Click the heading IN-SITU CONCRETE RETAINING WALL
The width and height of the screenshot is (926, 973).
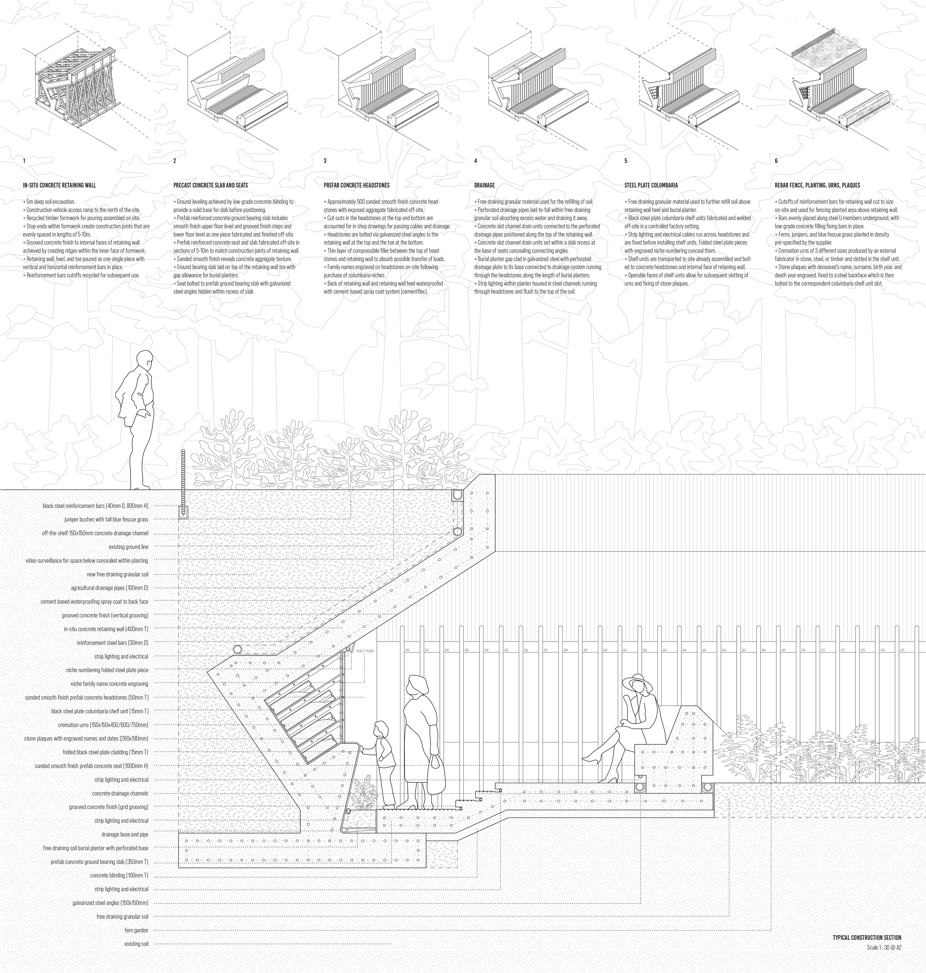(x=59, y=186)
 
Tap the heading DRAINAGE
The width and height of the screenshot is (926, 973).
(x=485, y=186)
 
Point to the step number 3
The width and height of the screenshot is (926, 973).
(x=325, y=161)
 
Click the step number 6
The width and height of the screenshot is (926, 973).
(x=776, y=161)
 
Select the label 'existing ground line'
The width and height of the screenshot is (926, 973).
(x=130, y=547)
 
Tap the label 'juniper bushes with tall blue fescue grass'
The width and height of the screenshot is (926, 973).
(x=106, y=520)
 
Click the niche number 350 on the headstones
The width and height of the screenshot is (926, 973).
(x=407, y=650)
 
